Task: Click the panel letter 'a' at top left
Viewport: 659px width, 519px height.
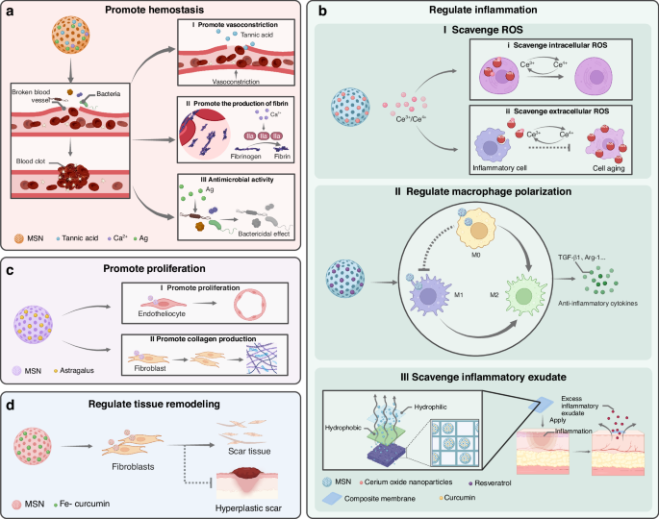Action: point(10,12)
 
